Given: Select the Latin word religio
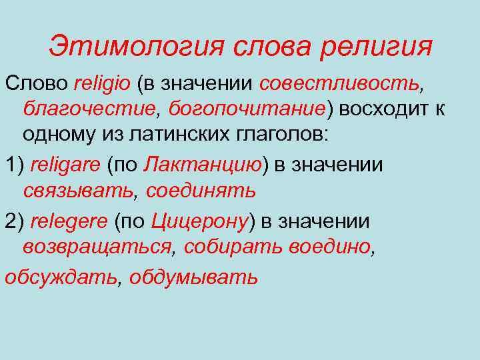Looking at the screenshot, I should click(104, 84).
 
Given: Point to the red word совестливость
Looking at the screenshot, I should click(339, 84).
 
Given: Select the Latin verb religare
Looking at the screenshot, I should click(66, 165).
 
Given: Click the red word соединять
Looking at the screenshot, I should click(201, 190).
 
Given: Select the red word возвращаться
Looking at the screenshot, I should click(96, 246).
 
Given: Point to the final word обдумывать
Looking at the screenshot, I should click(193, 276).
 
